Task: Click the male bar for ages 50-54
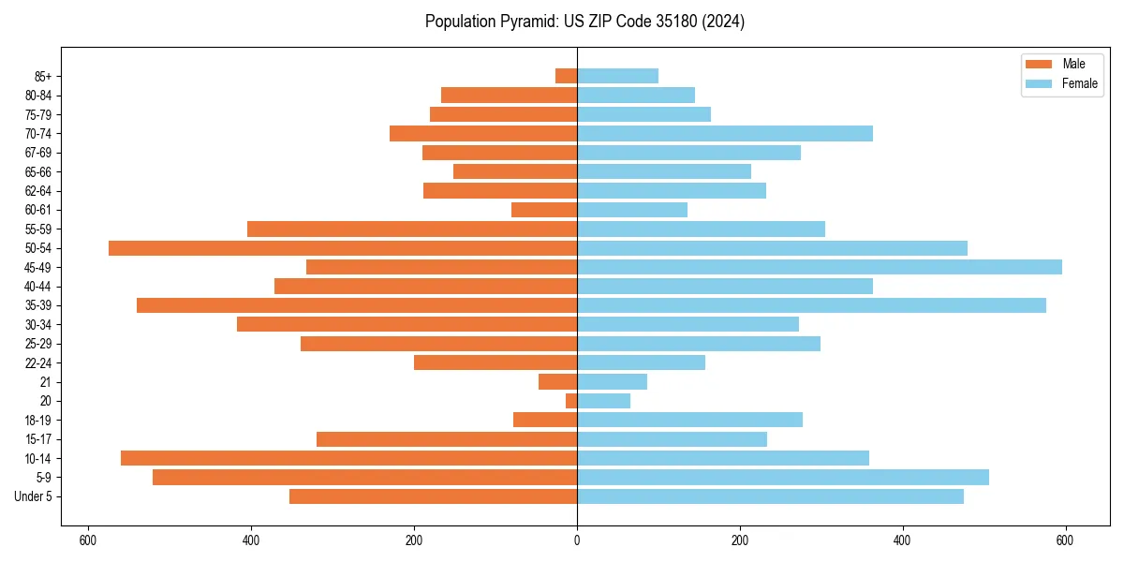(342, 248)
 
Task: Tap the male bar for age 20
(571, 401)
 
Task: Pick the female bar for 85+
(617, 76)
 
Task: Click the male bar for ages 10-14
(348, 458)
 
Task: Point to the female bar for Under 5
(770, 496)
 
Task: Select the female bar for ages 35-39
(811, 305)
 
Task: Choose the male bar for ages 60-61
(544, 210)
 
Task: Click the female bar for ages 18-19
(689, 420)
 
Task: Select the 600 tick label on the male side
(88, 540)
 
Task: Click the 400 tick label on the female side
(902, 540)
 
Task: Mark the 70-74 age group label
(38, 133)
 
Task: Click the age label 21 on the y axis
(45, 382)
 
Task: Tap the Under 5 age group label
(34, 496)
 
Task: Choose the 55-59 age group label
(38, 229)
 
